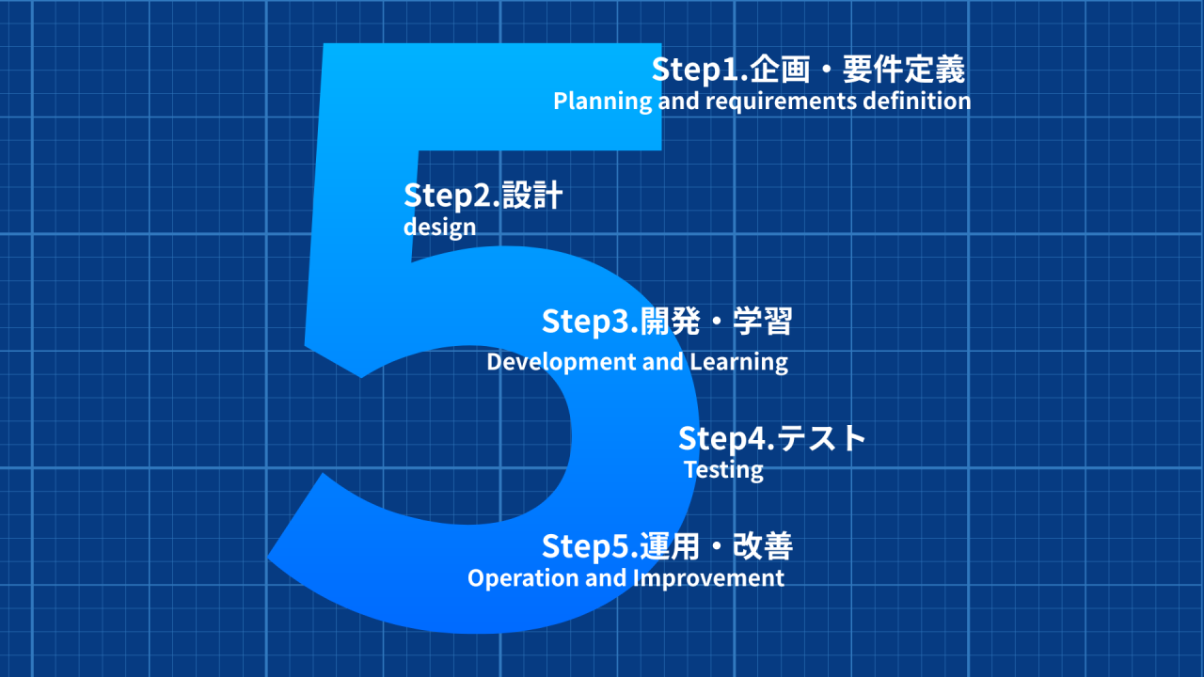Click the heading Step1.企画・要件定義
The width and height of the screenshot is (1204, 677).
click(808, 70)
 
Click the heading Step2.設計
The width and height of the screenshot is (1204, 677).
click(483, 196)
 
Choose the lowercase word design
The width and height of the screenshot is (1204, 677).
click(439, 227)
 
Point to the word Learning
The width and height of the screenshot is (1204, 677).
click(738, 361)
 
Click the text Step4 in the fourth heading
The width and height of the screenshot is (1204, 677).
click(721, 438)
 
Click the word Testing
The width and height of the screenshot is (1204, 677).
click(723, 469)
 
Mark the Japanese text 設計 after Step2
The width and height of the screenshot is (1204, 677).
click(532, 196)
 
